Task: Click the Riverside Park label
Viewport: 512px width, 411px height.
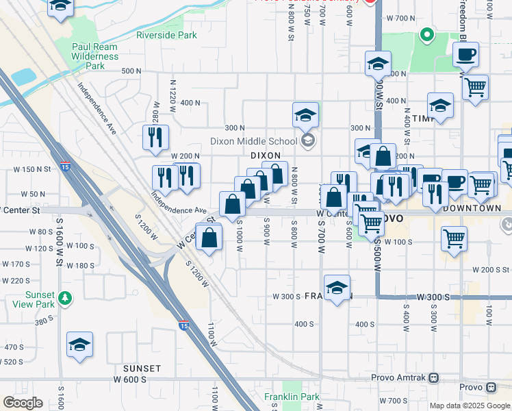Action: [x=166, y=35]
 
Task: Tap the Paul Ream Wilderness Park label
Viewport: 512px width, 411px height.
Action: [x=95, y=57]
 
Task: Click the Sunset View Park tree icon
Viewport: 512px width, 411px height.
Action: [x=64, y=298]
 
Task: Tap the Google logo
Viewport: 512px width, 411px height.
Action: [x=23, y=403]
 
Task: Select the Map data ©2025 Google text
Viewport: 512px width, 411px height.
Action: [x=469, y=406]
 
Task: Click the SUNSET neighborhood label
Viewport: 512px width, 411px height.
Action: [x=142, y=369]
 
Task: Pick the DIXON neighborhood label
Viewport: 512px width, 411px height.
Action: [x=266, y=155]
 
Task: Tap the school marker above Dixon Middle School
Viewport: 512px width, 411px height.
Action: [x=306, y=115]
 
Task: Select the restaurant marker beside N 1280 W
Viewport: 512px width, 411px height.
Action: [x=156, y=137]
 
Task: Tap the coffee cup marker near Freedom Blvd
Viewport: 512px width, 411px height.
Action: [x=465, y=54]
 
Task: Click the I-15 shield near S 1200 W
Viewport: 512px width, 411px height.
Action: [x=183, y=327]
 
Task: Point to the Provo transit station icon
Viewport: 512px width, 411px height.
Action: [x=491, y=388]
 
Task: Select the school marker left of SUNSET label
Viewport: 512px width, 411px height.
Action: [x=80, y=345]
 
